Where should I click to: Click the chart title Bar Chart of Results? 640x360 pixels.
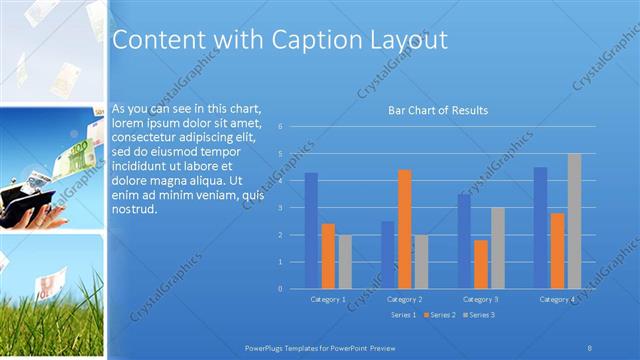point(437,111)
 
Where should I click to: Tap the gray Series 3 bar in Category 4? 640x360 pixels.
point(574,221)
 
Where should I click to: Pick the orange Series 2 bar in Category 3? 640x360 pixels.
point(481,264)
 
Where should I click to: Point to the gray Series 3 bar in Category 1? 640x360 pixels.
point(344,261)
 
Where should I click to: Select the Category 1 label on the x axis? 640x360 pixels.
point(328,299)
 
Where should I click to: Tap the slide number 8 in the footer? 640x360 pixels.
point(590,347)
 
